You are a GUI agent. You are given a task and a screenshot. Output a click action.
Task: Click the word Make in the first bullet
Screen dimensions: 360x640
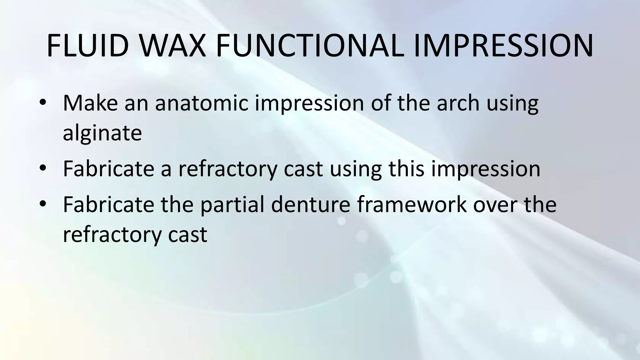pyautogui.click(x=90, y=103)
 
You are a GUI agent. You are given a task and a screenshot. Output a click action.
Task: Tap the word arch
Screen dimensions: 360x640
pyautogui.click(x=458, y=103)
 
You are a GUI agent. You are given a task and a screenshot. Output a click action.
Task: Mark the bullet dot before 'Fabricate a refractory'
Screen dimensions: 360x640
pyautogui.click(x=43, y=168)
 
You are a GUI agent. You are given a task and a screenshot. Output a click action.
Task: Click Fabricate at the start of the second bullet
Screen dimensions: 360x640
pyautogui.click(x=108, y=169)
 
